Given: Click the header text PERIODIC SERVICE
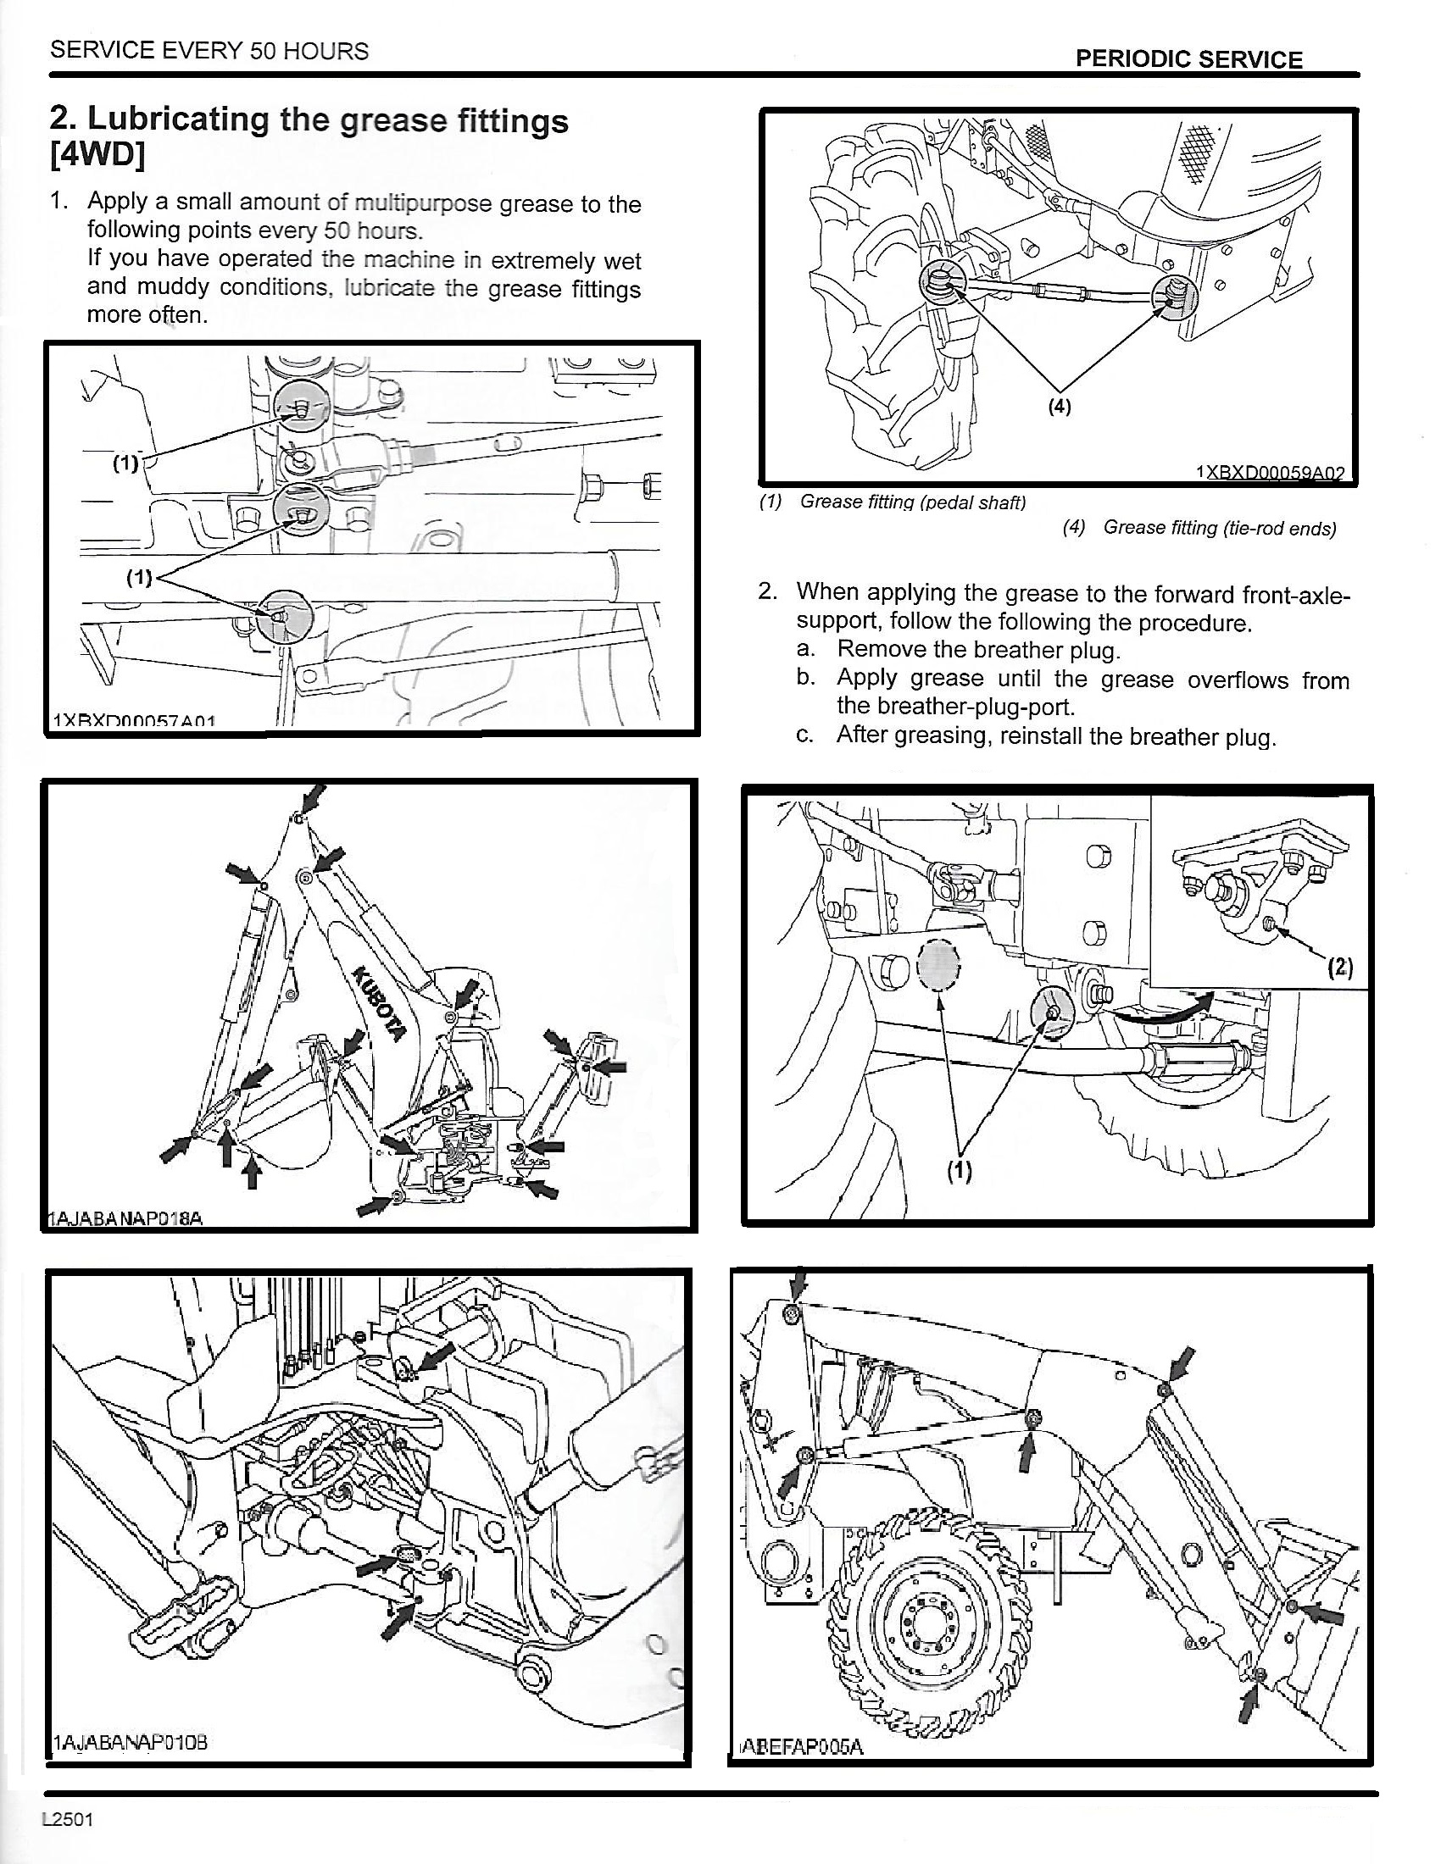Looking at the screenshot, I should point(1188,59).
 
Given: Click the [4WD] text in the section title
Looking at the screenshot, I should point(97,157).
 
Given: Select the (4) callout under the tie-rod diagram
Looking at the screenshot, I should point(1059,407).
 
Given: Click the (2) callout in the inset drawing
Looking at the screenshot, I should point(1340,967).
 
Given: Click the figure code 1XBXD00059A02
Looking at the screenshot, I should point(1270,473).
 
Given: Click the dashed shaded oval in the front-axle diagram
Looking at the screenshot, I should point(938,965).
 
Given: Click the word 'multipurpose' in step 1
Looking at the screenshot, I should point(424,203).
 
